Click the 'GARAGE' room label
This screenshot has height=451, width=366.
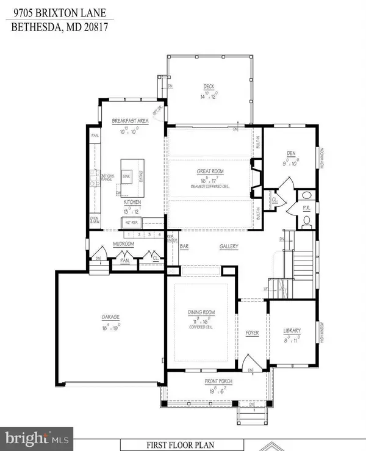click(x=110, y=317)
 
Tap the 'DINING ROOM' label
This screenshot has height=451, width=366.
click(x=201, y=312)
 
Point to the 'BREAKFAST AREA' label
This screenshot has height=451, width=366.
click(x=130, y=121)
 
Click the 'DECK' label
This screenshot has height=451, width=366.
click(x=209, y=86)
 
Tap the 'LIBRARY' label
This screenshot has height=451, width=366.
click(x=292, y=331)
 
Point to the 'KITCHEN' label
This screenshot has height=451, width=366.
click(x=133, y=201)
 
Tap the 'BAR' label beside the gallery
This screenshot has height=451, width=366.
click(x=184, y=247)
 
